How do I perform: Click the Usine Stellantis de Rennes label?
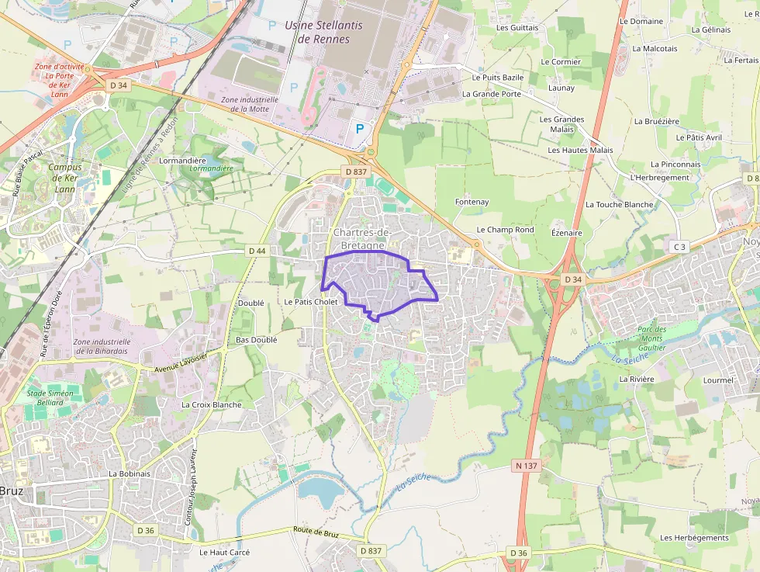[x=323, y=32]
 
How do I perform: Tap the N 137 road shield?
[x=525, y=466]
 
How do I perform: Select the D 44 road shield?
[x=257, y=251]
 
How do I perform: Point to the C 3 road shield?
[x=679, y=247]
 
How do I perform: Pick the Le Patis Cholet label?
[x=311, y=302]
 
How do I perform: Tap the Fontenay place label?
[x=472, y=202]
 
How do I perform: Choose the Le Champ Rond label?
[x=505, y=230]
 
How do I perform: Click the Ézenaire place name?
[x=566, y=232]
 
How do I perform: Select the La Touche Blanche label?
[x=619, y=205]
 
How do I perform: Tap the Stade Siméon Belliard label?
[x=50, y=398]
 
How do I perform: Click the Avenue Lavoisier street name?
[x=181, y=362]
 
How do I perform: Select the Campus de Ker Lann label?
[x=65, y=178]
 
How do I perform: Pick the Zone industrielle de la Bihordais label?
[x=102, y=346]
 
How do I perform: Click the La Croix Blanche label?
[x=211, y=404]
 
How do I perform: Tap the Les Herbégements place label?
[x=694, y=537]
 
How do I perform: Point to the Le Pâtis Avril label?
[x=698, y=137]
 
